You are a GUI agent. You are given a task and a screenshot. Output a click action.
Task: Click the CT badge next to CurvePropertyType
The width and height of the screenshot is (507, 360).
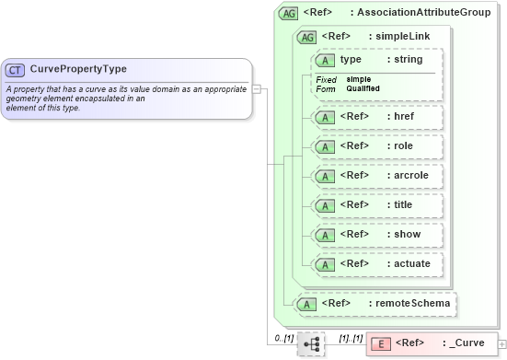pos(15,70)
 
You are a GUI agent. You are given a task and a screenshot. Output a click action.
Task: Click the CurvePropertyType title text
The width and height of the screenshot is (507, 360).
pos(78,69)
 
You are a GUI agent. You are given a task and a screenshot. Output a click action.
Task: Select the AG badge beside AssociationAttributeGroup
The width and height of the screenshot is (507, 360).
pos(289,14)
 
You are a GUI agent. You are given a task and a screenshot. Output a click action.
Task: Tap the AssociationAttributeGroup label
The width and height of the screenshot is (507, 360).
pos(410,14)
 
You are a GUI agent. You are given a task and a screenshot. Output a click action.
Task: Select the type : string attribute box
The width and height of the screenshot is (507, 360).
pos(377,60)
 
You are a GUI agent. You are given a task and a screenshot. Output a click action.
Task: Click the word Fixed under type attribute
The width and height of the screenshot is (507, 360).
pos(326,79)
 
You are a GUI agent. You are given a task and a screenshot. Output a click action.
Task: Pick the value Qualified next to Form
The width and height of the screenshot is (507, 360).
pos(363,88)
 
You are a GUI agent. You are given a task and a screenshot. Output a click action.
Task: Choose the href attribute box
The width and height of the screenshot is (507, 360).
pos(377,117)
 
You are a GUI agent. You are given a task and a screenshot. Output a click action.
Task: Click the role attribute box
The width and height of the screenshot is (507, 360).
pos(377,146)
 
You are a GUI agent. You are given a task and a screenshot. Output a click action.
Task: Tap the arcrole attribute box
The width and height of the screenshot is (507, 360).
pos(377,176)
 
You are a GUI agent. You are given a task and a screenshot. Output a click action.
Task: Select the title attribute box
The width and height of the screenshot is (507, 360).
pos(377,205)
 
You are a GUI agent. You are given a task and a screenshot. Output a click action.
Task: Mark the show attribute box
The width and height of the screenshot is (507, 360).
pos(377,235)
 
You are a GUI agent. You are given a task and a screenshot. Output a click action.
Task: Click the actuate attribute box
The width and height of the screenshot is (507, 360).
pos(377,264)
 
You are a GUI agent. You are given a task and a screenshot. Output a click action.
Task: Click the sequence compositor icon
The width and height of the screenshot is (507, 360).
pos(312,343)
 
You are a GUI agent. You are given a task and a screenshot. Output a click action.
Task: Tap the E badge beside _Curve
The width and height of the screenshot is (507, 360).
pos(379,344)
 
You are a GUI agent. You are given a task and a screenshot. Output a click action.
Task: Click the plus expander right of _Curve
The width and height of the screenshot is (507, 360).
pos(501,344)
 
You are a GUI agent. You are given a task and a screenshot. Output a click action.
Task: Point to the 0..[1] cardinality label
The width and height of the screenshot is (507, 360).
pos(283,338)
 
